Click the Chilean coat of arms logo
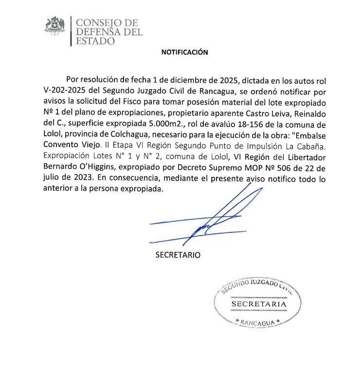55,27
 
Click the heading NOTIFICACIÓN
184,53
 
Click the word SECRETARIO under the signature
178,254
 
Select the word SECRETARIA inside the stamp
258,304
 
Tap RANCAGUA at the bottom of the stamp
258,322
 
